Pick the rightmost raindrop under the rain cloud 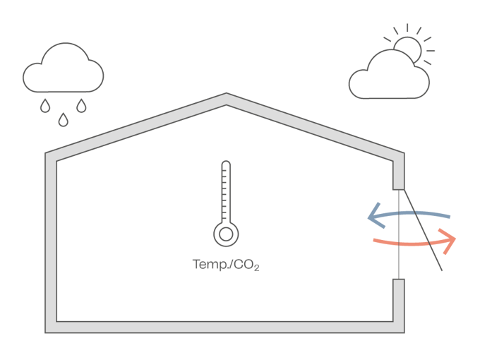[x=82, y=106]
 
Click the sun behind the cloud [x=408, y=47]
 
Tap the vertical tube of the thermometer [x=226, y=191]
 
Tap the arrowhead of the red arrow [x=450, y=241]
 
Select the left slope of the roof [x=134, y=127]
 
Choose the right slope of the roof [x=318, y=127]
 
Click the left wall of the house [x=51, y=240]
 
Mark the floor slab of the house [x=226, y=328]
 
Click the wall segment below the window [x=399, y=304]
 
